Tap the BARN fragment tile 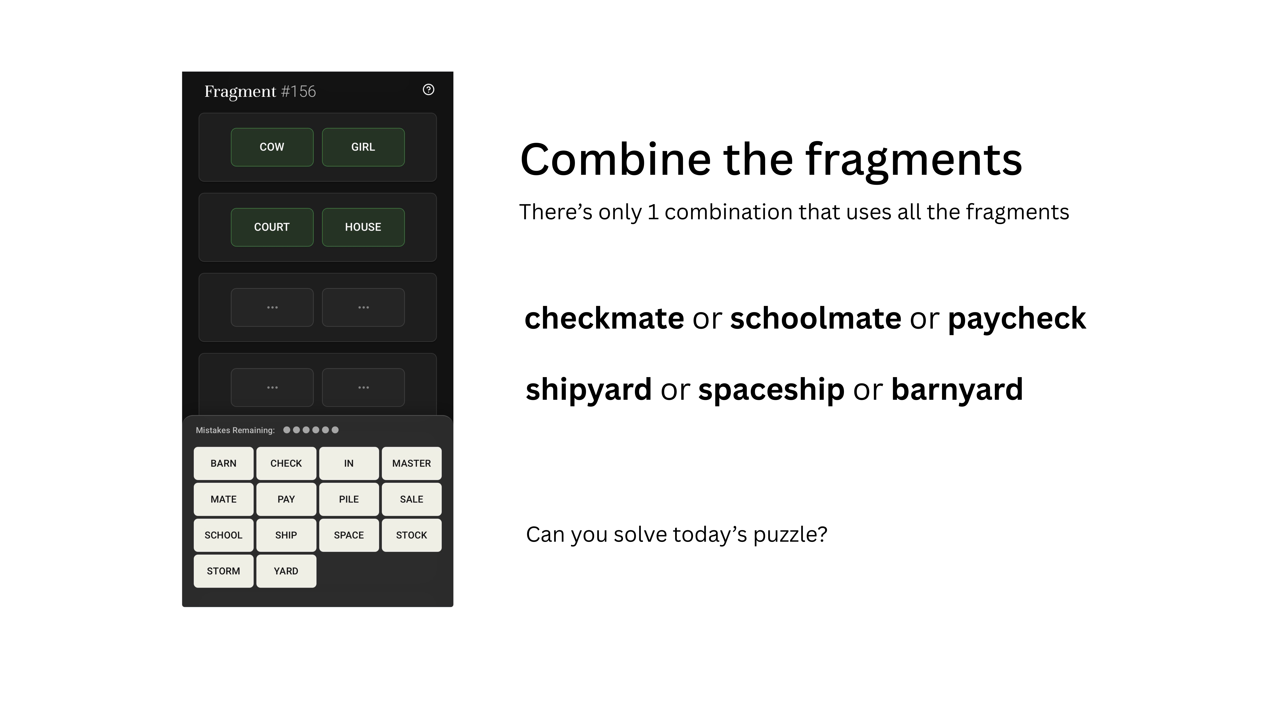click(223, 463)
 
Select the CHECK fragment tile click(286, 463)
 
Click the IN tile click(349, 463)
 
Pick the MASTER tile click(412, 463)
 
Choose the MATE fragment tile click(223, 499)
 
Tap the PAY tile click(286, 499)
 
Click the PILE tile click(349, 499)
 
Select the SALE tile click(412, 499)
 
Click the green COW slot click(272, 147)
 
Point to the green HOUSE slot click(363, 227)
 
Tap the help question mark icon click(428, 89)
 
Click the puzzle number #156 click(298, 91)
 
